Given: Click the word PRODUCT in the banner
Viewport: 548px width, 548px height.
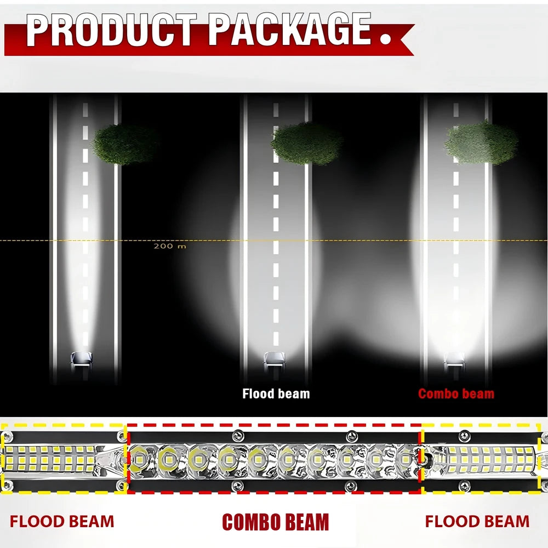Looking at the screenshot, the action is coord(111,30).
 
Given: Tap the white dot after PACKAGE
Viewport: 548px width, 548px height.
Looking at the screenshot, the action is coord(385,38).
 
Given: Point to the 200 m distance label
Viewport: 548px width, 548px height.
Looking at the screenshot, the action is coord(170,246).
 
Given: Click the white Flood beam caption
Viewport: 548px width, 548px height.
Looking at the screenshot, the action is coord(276,393).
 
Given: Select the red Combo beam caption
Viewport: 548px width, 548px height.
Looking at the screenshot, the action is coord(456,393).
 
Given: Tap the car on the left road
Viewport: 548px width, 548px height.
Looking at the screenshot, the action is coord(82,361).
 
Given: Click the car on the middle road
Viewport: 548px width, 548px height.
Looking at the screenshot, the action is coord(275,361).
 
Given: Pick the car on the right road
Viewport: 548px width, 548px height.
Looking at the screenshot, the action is coord(454,362).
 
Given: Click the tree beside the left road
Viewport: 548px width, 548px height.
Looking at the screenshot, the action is coord(124,144).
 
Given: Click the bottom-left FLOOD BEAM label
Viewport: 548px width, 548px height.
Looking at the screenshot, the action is coord(62,522).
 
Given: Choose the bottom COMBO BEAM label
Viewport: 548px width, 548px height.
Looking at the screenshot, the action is coord(276,522).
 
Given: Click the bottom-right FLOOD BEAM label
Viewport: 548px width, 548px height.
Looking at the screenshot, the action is coord(477,522).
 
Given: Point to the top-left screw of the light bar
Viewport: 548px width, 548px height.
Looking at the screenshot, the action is coord(7,436).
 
